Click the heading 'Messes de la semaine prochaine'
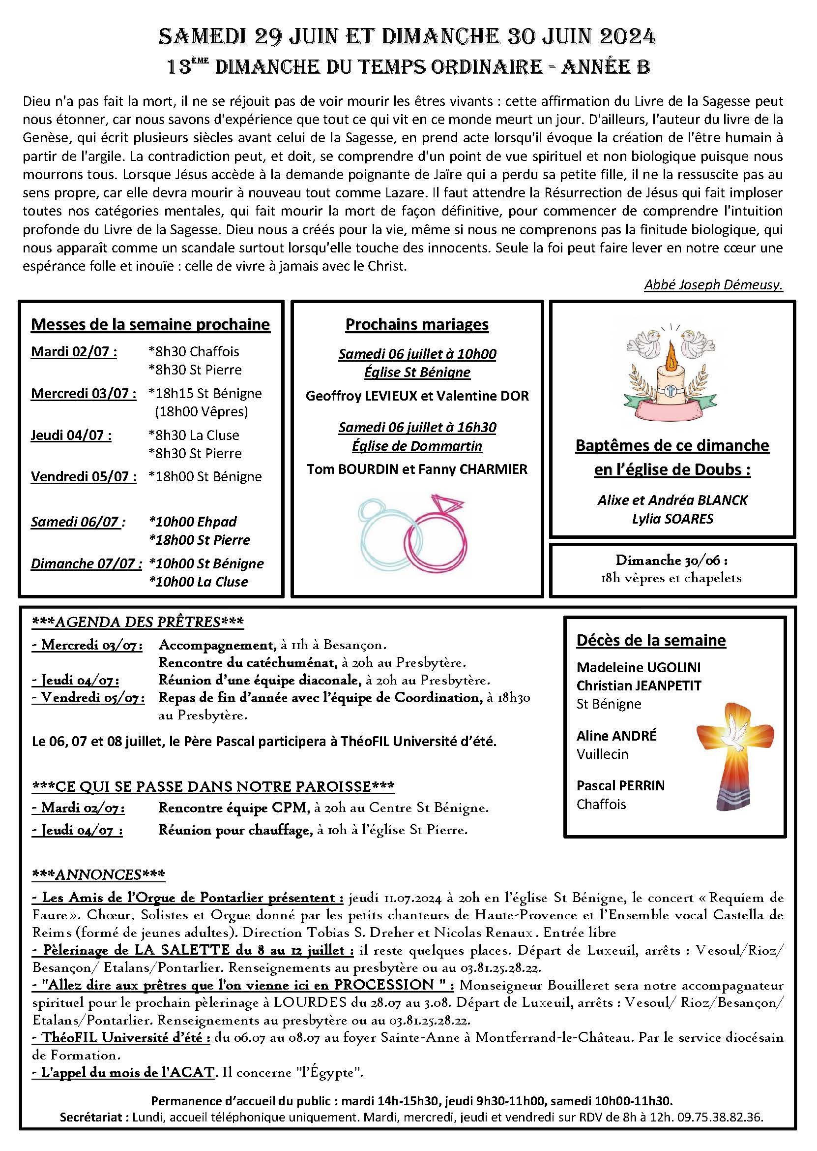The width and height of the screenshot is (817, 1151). click(x=150, y=324)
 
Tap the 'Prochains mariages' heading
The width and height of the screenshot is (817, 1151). click(x=416, y=324)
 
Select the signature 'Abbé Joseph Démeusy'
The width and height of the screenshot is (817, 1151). click(x=713, y=285)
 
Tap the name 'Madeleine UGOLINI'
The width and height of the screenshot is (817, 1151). click(x=639, y=667)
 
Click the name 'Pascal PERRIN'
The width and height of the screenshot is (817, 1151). click(x=620, y=785)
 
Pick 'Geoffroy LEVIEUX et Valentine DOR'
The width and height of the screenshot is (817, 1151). click(x=417, y=396)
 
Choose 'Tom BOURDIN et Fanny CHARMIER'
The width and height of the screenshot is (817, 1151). click(x=417, y=469)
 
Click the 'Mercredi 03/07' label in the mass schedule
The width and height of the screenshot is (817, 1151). click(x=84, y=393)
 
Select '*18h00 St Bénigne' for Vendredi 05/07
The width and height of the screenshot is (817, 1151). click(x=205, y=476)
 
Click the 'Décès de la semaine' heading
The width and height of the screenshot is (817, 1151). click(x=651, y=640)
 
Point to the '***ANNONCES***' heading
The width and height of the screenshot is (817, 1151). click(x=98, y=874)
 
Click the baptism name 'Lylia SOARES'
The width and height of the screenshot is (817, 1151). click(x=672, y=519)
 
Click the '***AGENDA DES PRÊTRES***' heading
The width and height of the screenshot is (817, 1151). click(x=137, y=622)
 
